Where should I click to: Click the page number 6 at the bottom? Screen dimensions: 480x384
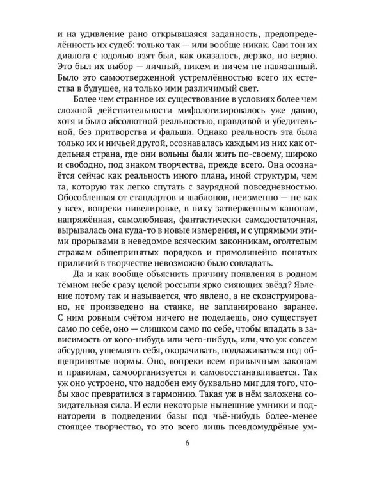click(192, 445)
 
